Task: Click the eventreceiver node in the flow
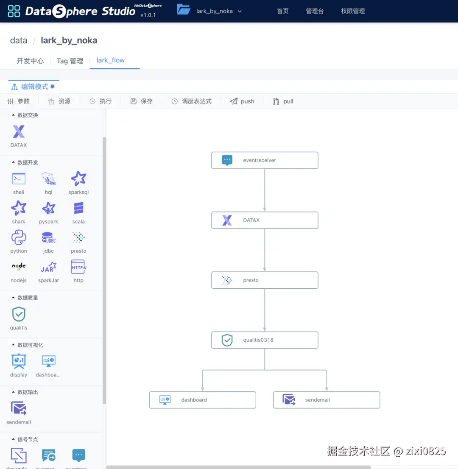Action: pos(265,160)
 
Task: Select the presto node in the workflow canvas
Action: pos(265,280)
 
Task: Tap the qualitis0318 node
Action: pos(265,340)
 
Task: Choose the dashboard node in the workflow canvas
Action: pos(202,400)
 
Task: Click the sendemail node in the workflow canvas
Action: pos(326,400)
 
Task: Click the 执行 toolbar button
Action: pos(101,101)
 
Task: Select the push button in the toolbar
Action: pos(242,101)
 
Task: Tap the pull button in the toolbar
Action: pos(283,101)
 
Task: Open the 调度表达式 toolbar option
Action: pos(191,101)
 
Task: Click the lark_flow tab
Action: pos(111,60)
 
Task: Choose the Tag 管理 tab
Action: pos(70,61)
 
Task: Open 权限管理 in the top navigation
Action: pos(353,11)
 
